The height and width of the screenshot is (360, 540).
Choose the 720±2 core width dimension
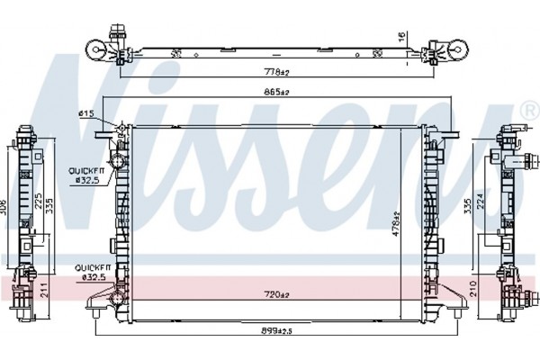point(276,294)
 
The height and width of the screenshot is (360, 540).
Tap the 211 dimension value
point(44,290)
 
